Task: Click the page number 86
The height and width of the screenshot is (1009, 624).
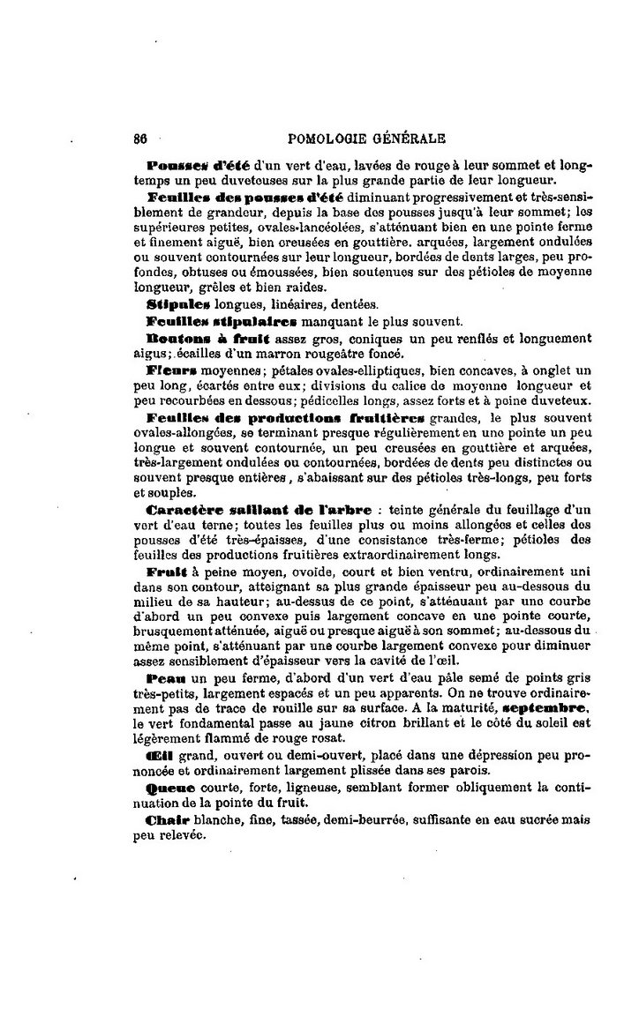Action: point(139,138)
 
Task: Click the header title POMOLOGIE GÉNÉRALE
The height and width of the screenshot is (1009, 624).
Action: point(366,138)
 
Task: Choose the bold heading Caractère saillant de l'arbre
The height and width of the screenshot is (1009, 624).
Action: point(258,510)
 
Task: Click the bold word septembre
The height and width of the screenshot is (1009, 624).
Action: point(540,707)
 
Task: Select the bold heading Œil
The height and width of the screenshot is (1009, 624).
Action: point(161,756)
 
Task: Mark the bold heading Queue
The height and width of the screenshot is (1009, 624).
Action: point(169,788)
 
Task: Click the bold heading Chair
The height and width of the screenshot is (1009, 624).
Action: point(167,820)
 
